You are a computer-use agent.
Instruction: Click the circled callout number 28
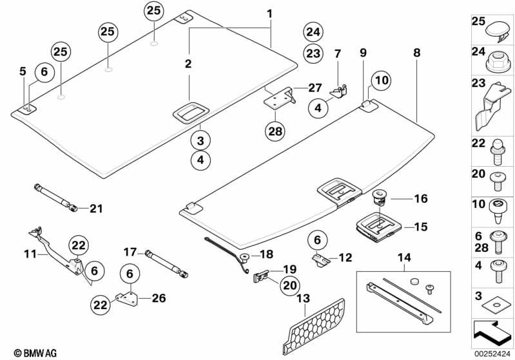point(275,131)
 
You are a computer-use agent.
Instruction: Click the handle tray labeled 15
point(379,226)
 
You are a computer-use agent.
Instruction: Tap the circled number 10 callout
point(381,81)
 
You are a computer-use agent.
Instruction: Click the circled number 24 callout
point(313,32)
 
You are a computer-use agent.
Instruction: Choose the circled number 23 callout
point(313,54)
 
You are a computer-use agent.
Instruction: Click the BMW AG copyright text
point(30,353)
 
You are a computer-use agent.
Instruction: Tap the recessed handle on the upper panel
point(189,113)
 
